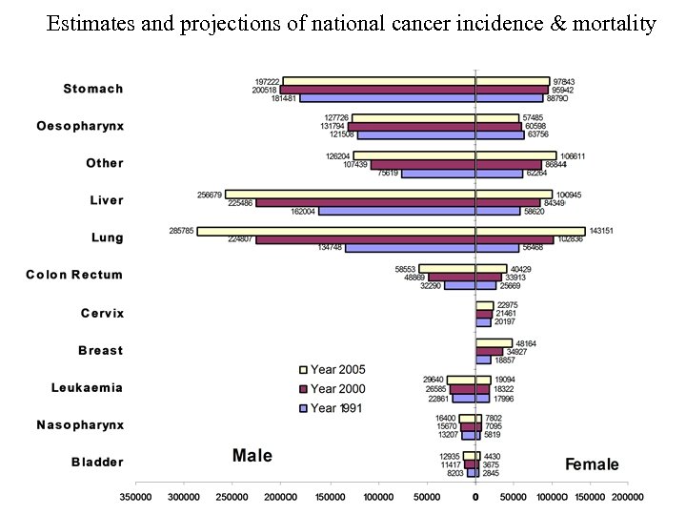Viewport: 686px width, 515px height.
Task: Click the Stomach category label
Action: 92,89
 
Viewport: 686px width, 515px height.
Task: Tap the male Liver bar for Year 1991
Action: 396,211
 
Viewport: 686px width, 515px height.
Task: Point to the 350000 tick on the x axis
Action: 135,496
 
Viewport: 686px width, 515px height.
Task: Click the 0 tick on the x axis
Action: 475,496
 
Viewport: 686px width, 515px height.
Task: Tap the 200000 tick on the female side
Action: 627,496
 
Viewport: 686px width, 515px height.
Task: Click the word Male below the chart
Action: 252,456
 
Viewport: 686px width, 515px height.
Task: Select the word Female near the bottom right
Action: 592,464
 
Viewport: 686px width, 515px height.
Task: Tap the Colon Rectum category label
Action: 74,275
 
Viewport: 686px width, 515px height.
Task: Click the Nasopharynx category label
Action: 80,424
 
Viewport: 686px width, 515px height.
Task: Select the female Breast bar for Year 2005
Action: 494,342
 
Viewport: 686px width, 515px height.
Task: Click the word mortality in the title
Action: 615,24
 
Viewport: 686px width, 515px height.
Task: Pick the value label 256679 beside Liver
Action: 210,194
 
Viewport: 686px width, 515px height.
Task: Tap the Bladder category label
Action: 97,463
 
